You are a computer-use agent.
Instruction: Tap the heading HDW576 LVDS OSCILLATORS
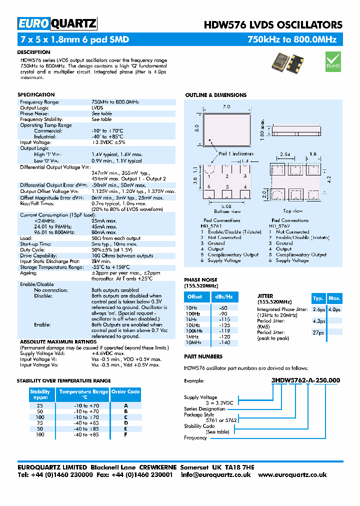click(x=273, y=25)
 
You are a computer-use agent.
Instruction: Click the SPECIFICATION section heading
click(x=36, y=94)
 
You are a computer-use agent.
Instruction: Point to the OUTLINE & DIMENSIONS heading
click(x=215, y=95)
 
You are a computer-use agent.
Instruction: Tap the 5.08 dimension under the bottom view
click(x=226, y=205)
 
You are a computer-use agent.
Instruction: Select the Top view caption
click(x=293, y=211)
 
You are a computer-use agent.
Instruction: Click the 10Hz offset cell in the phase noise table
click(x=191, y=308)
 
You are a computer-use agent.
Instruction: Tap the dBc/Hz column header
click(x=223, y=297)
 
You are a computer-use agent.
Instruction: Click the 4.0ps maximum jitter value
click(x=334, y=309)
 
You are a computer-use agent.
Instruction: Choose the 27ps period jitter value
click(x=318, y=332)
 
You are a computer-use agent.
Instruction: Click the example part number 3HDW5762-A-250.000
click(x=305, y=380)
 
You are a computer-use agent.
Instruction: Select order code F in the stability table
click(x=125, y=434)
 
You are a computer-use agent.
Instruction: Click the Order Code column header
click(x=125, y=392)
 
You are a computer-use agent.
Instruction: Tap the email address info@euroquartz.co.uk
click(x=215, y=474)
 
